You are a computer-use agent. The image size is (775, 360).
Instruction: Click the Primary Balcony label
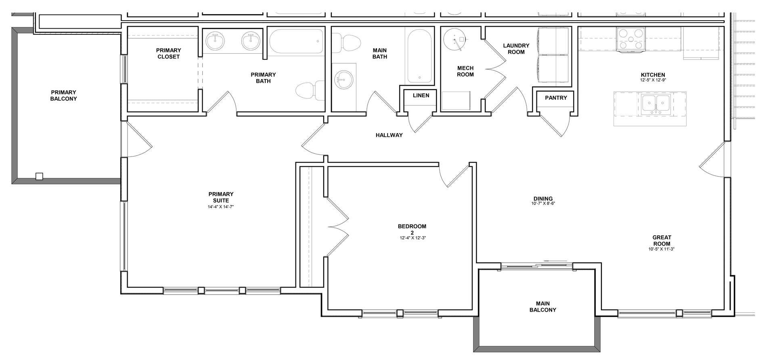(x=63, y=95)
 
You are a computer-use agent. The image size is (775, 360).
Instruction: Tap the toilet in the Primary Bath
(x=310, y=91)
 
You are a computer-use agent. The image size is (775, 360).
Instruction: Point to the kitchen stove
(x=630, y=39)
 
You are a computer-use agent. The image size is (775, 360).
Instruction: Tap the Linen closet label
(x=421, y=96)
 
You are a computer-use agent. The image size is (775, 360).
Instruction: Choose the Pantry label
(x=556, y=98)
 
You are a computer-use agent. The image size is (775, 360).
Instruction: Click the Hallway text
(x=389, y=135)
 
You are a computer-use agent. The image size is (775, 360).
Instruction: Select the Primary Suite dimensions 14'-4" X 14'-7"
(x=221, y=207)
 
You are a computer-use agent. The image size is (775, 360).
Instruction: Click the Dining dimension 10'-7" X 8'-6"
(x=543, y=204)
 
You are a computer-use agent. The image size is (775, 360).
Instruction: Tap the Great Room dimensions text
(x=662, y=249)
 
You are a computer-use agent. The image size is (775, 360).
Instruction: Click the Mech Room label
(x=465, y=71)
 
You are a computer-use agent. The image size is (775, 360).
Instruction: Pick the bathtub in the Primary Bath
(x=297, y=41)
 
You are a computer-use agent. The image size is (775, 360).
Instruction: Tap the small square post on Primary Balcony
(x=39, y=176)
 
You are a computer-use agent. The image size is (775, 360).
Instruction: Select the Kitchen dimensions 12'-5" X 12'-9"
(x=653, y=80)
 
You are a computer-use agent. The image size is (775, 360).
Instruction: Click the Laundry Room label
(x=516, y=49)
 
